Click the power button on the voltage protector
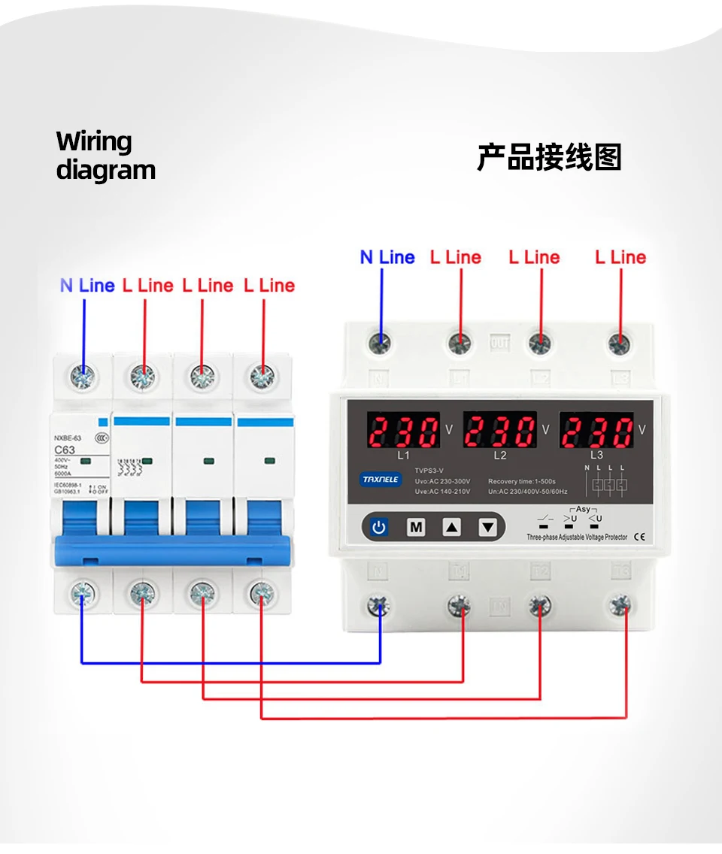click(x=378, y=527)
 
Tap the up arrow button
click(x=451, y=527)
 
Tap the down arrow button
click(x=488, y=527)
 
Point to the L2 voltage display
click(x=499, y=432)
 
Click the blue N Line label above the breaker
click(x=87, y=286)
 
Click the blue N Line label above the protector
click(x=387, y=257)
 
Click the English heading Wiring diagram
click(x=105, y=156)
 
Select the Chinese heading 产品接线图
click(x=549, y=158)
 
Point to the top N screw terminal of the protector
click(x=381, y=344)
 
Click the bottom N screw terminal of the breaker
click(x=81, y=593)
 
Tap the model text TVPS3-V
click(x=430, y=471)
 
